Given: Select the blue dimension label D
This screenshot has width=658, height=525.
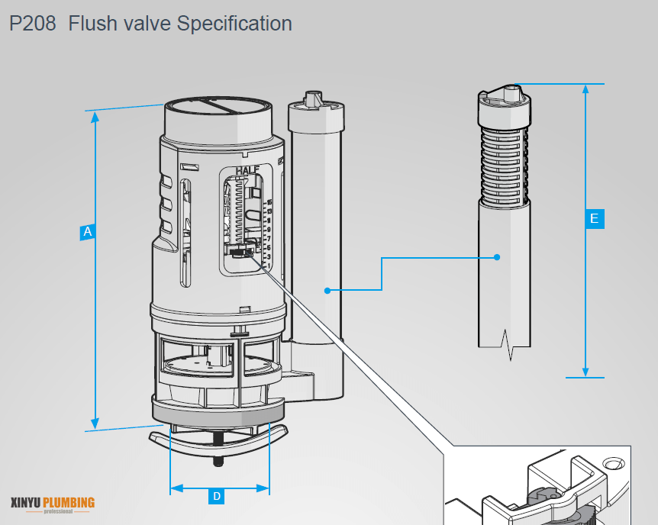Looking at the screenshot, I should point(217,497).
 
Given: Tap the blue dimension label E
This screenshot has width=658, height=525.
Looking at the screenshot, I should point(595,219).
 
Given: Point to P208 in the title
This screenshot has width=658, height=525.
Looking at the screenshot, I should point(33,24).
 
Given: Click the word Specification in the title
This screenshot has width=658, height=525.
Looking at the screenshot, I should point(234,24).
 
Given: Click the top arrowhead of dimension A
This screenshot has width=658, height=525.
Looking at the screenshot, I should point(95,117).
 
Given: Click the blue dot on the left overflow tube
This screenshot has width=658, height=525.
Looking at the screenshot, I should point(327,290).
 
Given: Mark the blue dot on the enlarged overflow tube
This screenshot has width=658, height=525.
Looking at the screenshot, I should point(497,257).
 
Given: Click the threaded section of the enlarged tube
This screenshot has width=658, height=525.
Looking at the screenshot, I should point(503,164).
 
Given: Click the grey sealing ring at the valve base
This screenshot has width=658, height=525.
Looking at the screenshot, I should point(212,413).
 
